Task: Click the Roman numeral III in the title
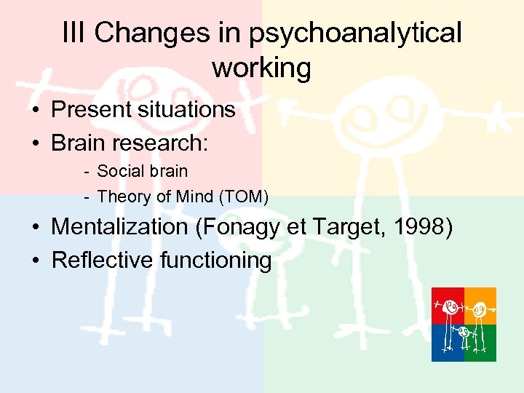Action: tap(74, 33)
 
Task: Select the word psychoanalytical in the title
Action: tap(355, 34)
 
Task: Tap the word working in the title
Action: tap(261, 68)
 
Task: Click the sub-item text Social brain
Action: tap(142, 172)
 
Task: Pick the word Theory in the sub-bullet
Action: tap(119, 196)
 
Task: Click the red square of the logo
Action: tap(448, 306)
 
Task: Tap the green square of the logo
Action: tap(480, 343)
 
